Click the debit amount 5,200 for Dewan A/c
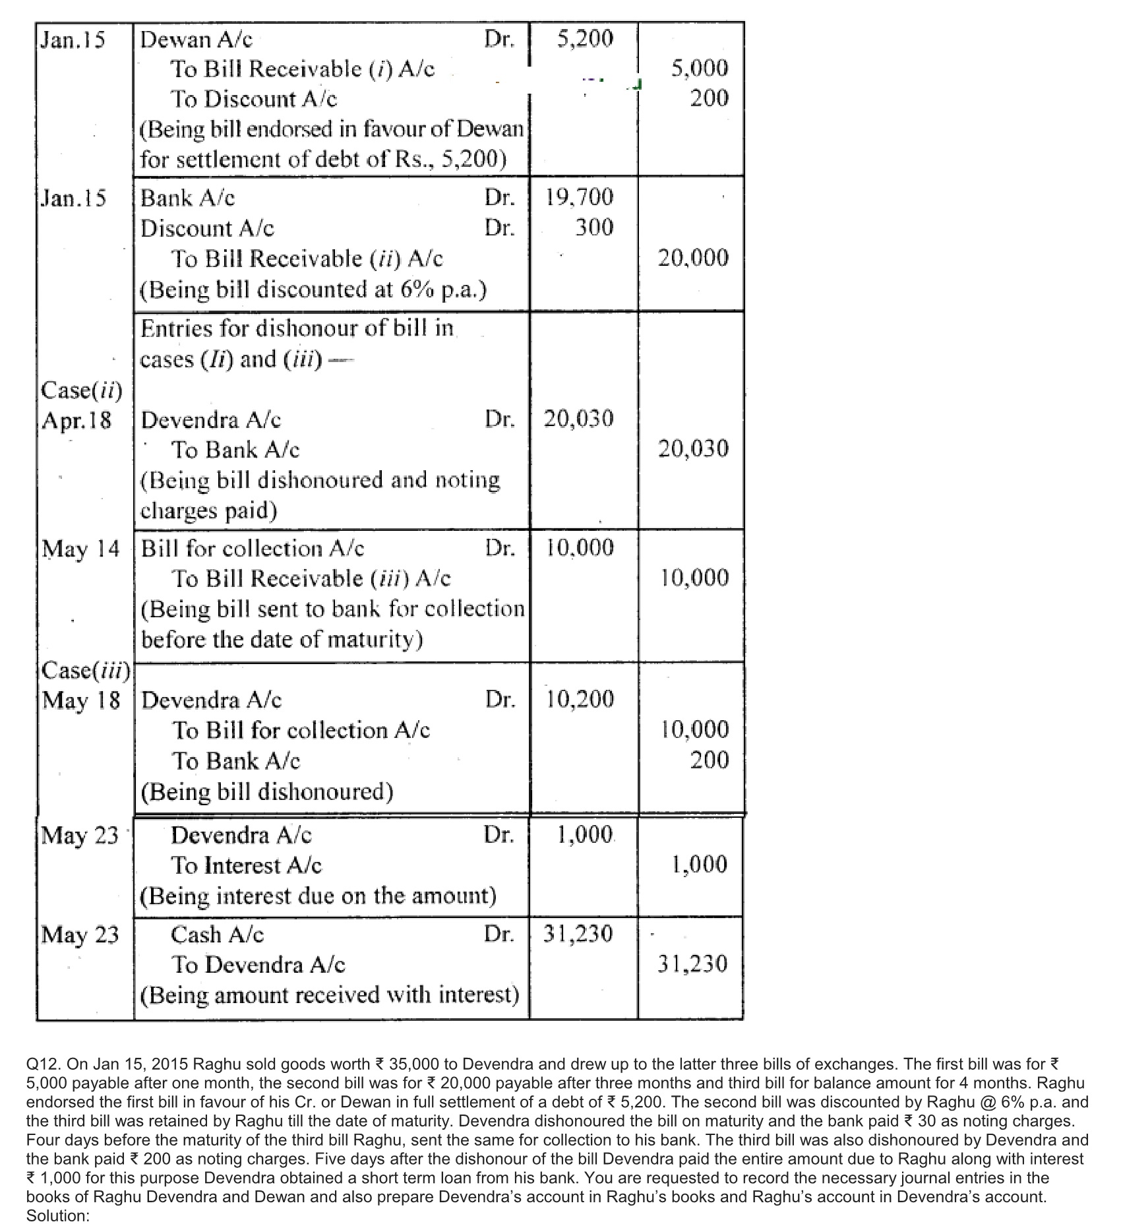click(x=585, y=39)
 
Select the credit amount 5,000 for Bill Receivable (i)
click(x=700, y=68)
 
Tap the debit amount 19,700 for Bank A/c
click(x=579, y=197)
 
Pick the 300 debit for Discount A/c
click(x=594, y=228)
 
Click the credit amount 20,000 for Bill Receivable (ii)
click(x=694, y=257)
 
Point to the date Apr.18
click(x=76, y=420)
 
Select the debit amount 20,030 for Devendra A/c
click(x=579, y=418)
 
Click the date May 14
click(x=81, y=549)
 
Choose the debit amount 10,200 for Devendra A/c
click(x=580, y=699)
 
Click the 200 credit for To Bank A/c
click(x=710, y=760)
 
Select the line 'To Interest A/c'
click(x=247, y=865)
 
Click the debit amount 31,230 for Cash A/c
click(x=578, y=934)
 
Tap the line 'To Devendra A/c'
click(x=258, y=965)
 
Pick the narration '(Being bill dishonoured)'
click(x=267, y=791)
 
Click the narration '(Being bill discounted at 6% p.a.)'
click(x=313, y=289)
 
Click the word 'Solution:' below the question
click(x=57, y=1215)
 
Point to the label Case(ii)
click(x=82, y=390)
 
